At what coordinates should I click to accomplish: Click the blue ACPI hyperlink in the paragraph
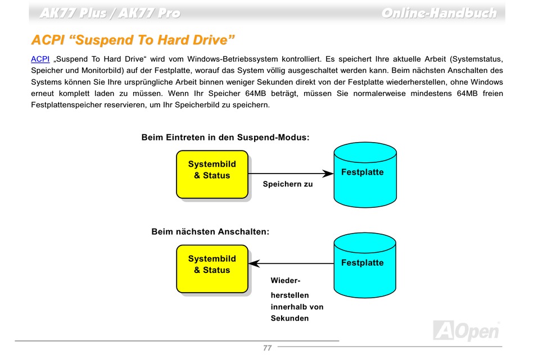pyautogui.click(x=40, y=59)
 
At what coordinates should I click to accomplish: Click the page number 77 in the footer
pyautogui.click(x=268, y=348)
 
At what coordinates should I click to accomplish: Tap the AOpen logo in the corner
pyautogui.click(x=466, y=330)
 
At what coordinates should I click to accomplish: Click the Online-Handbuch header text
pyautogui.click(x=439, y=13)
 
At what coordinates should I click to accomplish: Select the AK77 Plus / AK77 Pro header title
pyautogui.click(x=110, y=13)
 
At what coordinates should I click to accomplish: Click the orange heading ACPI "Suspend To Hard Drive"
pyautogui.click(x=133, y=40)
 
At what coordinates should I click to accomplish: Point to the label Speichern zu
pyautogui.click(x=288, y=184)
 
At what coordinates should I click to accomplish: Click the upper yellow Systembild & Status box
pyautogui.click(x=212, y=174)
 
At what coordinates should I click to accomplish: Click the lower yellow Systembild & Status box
pyautogui.click(x=212, y=269)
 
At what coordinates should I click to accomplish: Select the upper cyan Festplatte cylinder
pyautogui.click(x=365, y=175)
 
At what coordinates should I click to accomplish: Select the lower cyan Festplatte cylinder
pyautogui.click(x=365, y=266)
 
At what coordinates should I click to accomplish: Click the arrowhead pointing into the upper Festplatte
pyautogui.click(x=328, y=174)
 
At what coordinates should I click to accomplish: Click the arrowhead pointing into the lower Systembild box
pyautogui.click(x=255, y=263)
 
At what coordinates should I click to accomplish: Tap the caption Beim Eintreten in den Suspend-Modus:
pyautogui.click(x=225, y=138)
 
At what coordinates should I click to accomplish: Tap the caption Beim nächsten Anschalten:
pyautogui.click(x=210, y=232)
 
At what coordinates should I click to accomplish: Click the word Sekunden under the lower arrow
pyautogui.click(x=290, y=318)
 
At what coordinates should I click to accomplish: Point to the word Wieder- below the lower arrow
pyautogui.click(x=286, y=281)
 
